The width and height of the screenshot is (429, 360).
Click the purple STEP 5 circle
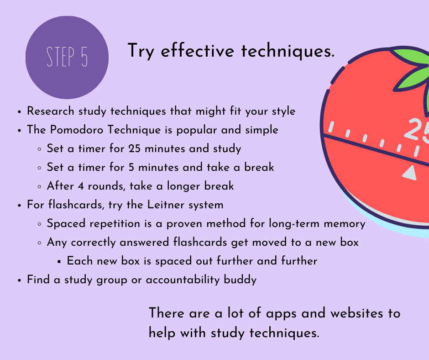point(67,57)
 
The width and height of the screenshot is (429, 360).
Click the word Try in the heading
point(141,51)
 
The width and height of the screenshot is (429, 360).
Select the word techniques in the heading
point(288,51)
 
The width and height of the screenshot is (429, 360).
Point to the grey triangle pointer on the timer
point(410,173)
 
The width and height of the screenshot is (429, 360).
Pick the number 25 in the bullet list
point(134,148)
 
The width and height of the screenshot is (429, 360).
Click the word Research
point(51,111)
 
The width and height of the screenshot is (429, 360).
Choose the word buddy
point(240,280)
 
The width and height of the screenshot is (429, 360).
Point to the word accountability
point(183,280)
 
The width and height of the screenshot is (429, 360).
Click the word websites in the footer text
point(357,313)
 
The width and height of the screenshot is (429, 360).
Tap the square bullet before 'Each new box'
point(59,262)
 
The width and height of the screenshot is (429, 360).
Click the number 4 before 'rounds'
point(81,186)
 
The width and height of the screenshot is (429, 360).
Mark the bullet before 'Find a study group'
point(19,281)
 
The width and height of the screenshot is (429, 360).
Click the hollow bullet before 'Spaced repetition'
point(39,224)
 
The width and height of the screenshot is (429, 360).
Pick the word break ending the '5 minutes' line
point(259,167)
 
